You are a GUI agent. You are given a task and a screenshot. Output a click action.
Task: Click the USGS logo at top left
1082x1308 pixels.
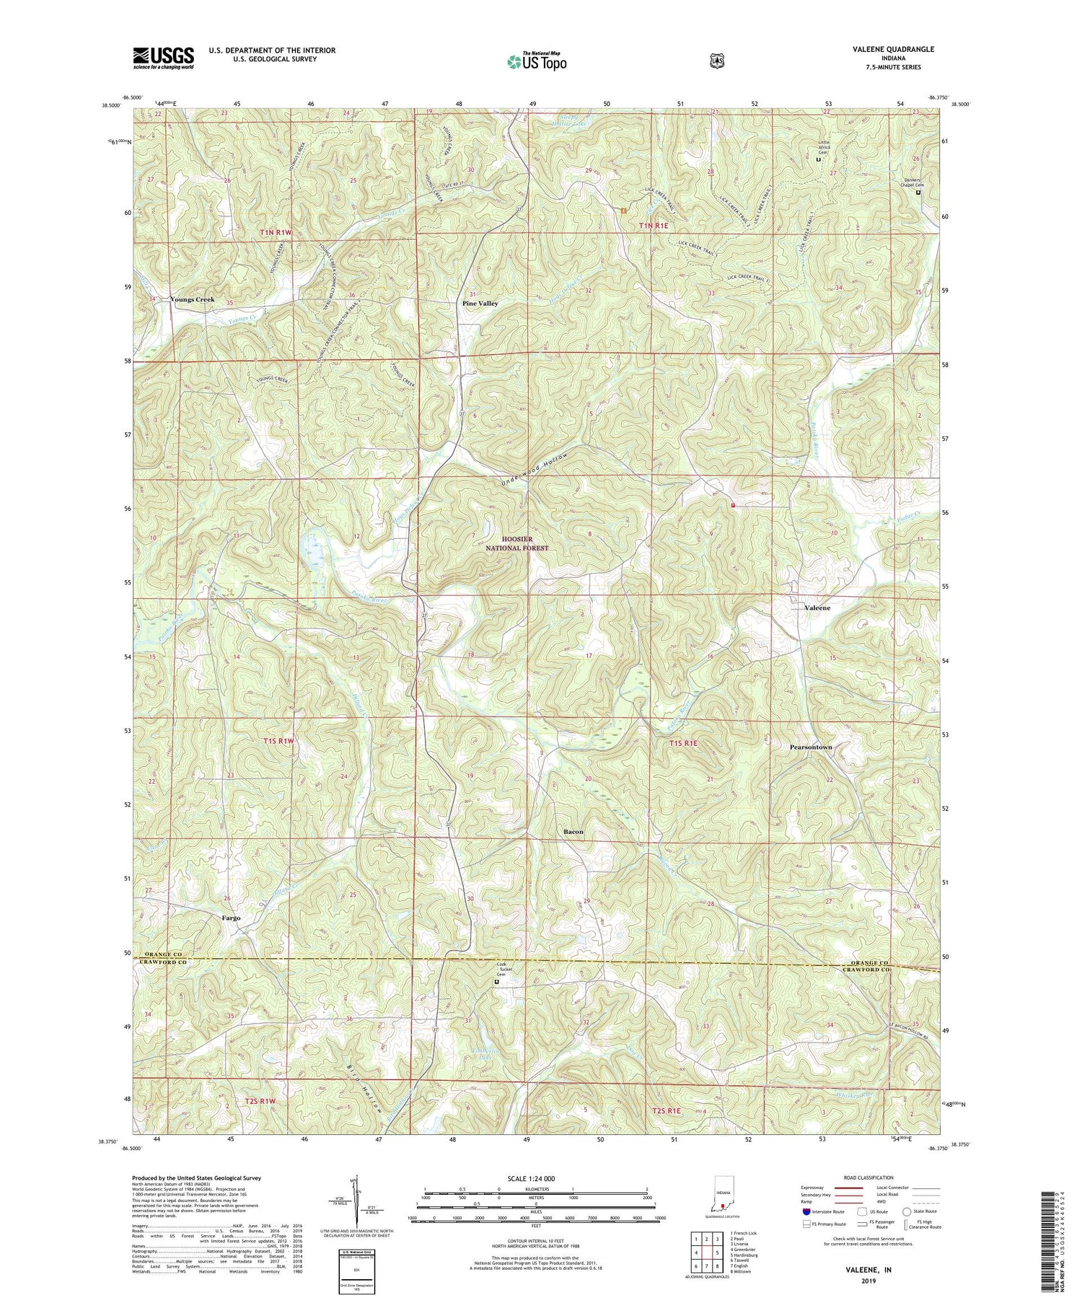(x=163, y=58)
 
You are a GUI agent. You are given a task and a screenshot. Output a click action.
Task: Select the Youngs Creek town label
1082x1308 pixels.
(x=192, y=299)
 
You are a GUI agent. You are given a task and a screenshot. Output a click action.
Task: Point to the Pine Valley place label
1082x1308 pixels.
(x=480, y=304)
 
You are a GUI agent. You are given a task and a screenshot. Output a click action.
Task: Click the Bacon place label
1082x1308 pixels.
(x=573, y=832)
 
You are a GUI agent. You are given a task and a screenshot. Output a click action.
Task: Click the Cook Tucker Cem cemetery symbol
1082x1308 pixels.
(x=496, y=981)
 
